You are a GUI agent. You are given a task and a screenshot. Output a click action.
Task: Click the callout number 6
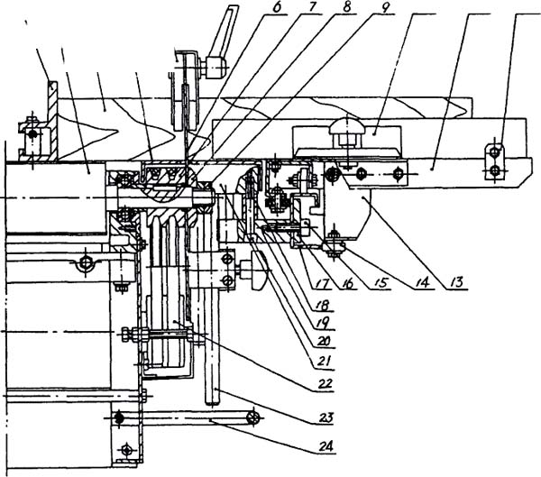click(x=277, y=8)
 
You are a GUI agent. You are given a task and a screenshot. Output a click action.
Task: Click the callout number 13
click(x=457, y=282)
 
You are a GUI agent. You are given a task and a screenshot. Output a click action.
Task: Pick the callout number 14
click(x=423, y=282)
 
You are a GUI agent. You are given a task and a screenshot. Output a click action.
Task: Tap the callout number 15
click(x=379, y=282)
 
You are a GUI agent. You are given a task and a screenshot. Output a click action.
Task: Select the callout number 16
click(x=347, y=284)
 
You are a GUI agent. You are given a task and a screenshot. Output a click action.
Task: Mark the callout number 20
click(x=324, y=342)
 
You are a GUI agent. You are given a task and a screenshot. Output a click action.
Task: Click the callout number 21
click(x=324, y=362)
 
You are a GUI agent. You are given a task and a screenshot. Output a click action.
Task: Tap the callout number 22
click(x=324, y=383)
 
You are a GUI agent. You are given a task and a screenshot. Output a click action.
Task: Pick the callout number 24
click(x=325, y=447)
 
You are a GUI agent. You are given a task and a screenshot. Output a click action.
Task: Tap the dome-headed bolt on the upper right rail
click(x=347, y=128)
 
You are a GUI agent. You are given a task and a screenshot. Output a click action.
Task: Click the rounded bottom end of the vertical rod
click(x=213, y=401)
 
